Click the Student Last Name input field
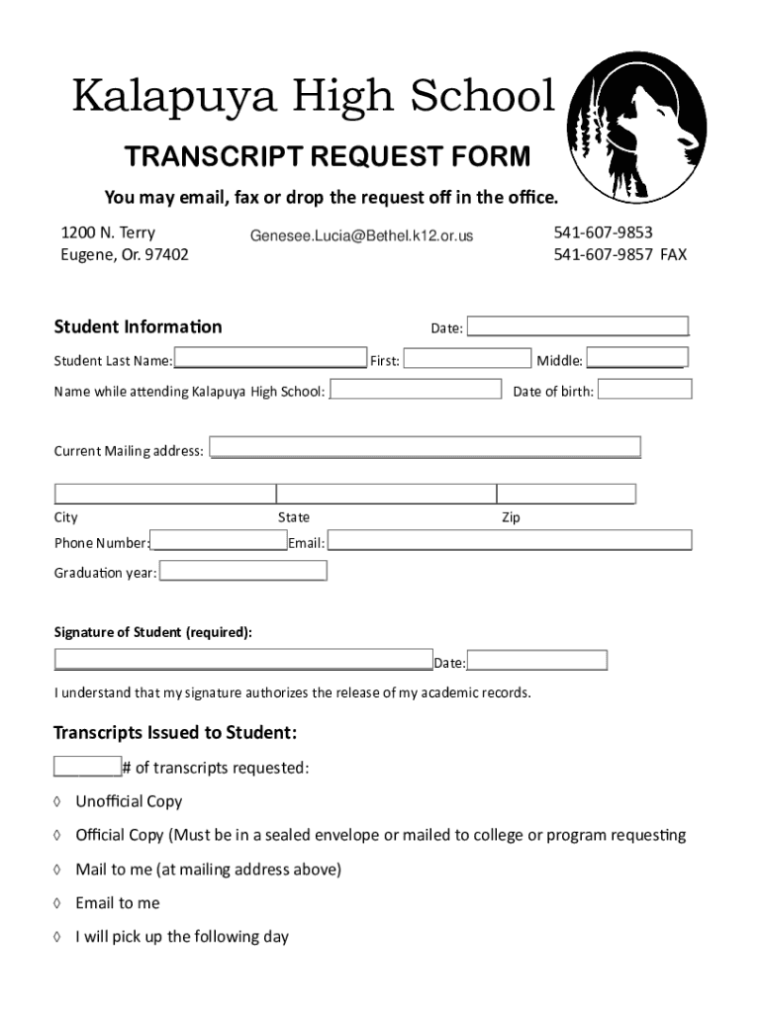pos(269,358)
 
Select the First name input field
pos(467,358)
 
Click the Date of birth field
pos(645,389)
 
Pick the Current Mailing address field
pos(425,447)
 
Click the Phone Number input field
pos(219,541)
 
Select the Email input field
pos(509,540)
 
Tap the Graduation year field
pos(242,571)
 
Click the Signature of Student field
pos(243,660)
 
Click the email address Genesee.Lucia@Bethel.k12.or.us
pos(361,235)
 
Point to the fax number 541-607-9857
pos(604,254)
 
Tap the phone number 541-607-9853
pos(603,232)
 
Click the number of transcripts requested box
pos(87,767)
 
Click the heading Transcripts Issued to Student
pos(174,733)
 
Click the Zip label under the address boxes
pos(511,517)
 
